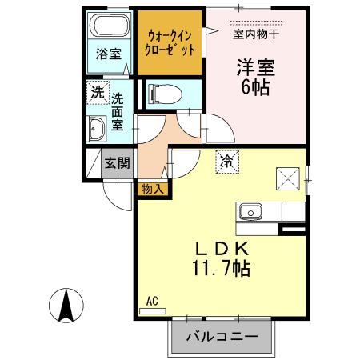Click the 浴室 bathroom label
coord(109,54)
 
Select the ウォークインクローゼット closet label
coord(169,42)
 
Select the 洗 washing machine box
coord(97,91)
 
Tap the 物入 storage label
coord(152,189)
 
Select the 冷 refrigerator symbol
coord(226,161)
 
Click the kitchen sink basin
coord(250,212)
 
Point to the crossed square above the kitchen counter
coord(287,176)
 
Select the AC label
coord(152,302)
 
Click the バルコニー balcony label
coord(222,337)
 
